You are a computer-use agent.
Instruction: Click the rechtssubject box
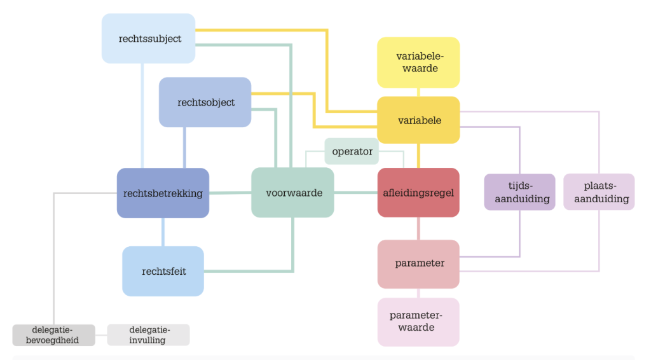148,38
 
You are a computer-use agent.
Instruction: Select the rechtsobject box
205,102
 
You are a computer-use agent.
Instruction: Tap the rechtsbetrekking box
163,193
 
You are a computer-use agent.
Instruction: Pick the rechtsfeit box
163,271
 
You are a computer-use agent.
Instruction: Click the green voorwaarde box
292,193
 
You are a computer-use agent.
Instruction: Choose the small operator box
352,151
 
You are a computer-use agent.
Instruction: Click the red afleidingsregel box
418,193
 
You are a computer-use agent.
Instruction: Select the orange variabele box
418,120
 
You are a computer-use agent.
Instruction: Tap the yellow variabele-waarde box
418,62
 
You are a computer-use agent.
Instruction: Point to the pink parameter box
418,263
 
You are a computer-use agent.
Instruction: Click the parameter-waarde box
418,322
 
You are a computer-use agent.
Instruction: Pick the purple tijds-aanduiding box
519,192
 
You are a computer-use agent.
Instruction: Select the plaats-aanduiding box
599,192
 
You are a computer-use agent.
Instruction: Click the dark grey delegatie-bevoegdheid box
54,335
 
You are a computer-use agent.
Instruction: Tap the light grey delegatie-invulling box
148,335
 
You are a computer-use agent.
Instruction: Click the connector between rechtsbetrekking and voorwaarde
230,193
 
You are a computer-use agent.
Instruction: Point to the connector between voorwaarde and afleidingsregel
355,193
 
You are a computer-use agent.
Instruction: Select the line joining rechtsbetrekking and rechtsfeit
163,232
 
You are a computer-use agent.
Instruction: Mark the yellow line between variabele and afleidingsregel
418,156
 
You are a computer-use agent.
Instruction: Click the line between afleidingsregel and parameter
418,228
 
